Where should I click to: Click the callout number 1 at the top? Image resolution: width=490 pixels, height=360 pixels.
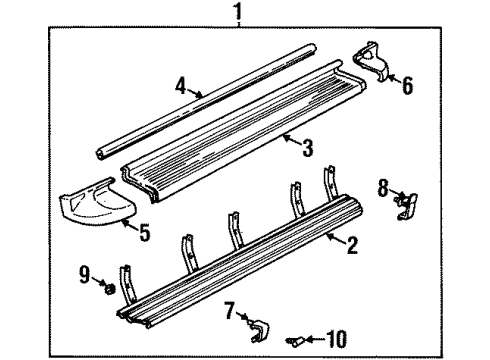238,15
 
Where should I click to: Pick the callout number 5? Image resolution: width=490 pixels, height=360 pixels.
145,237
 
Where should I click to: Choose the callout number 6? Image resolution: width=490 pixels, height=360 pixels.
406,86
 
